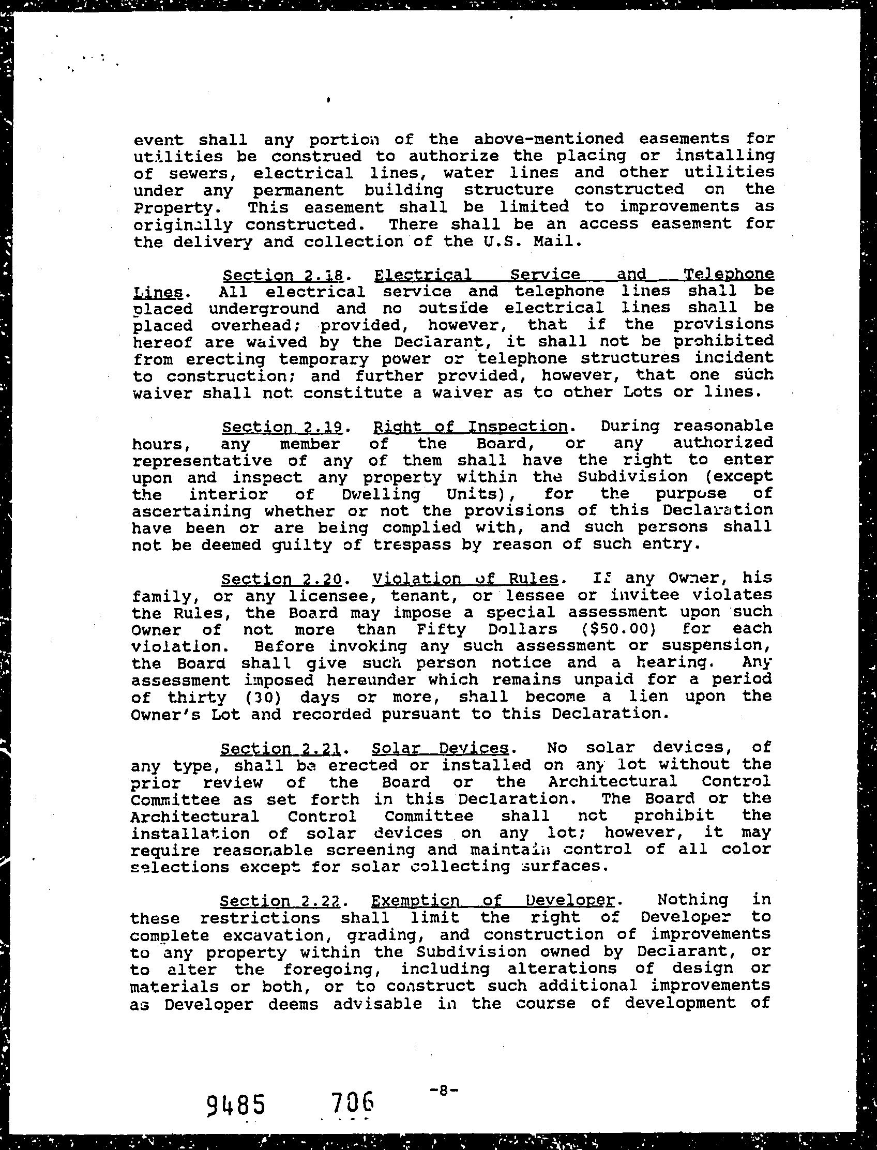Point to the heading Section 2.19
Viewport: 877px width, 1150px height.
tap(282, 427)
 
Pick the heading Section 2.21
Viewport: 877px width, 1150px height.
tap(281, 749)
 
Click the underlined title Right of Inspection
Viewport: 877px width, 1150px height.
tap(471, 427)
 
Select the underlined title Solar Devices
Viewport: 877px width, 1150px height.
tap(440, 749)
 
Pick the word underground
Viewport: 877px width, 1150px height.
tap(264, 309)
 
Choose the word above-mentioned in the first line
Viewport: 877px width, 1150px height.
tap(549, 139)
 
